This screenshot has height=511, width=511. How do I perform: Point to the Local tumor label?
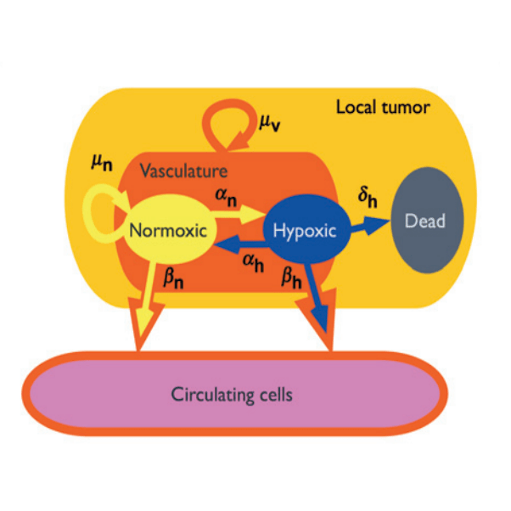(382, 108)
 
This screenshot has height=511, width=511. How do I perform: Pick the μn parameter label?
(103, 161)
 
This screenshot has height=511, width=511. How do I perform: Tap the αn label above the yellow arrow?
(225, 197)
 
